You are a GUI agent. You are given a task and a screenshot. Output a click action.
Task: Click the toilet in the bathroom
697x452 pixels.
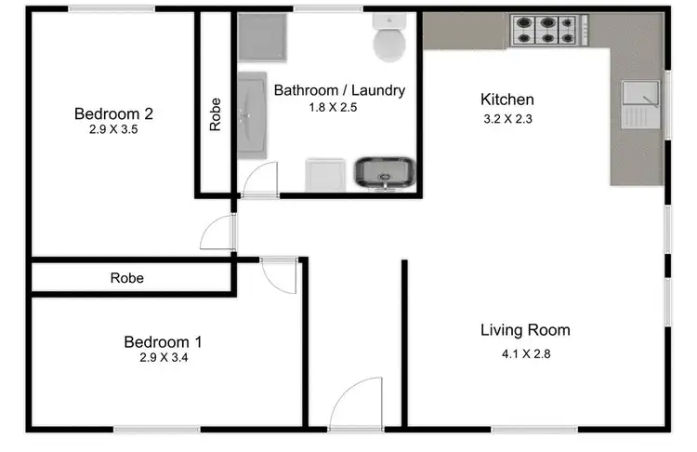click(x=387, y=40)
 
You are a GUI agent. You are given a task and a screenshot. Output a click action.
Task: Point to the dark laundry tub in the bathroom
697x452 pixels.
click(x=385, y=172)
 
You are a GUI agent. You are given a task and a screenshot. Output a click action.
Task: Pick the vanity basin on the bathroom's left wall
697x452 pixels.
click(x=252, y=116)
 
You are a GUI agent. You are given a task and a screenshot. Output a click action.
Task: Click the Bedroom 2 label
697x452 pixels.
click(x=113, y=114)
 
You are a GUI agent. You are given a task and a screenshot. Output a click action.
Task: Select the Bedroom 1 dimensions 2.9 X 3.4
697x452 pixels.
click(x=164, y=357)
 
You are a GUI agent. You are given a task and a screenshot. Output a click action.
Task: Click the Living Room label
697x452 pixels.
click(x=525, y=330)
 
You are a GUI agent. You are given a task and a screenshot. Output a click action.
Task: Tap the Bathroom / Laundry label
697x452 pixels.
click(x=339, y=90)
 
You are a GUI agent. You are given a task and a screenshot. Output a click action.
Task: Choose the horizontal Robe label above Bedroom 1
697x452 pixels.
click(x=126, y=277)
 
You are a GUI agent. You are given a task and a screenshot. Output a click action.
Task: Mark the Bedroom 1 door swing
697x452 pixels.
click(x=276, y=275)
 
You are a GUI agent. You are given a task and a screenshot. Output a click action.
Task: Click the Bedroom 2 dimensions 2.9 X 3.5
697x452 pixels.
click(x=113, y=131)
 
